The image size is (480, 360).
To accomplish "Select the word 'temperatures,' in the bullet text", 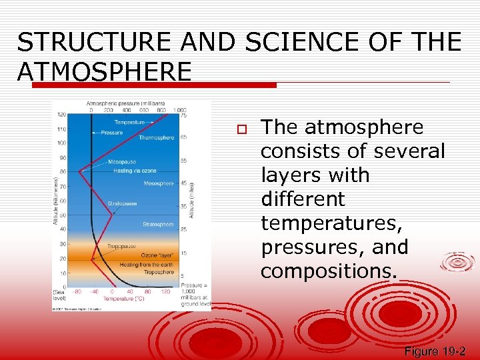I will [x=331, y=223].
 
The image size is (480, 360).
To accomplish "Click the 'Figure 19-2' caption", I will [x=435, y=351].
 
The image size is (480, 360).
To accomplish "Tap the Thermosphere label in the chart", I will [x=157, y=138].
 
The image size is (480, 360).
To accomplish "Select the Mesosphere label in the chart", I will [x=159, y=183].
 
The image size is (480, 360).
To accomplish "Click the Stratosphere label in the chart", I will [x=158, y=225].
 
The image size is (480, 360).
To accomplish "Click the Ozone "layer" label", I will [x=158, y=255].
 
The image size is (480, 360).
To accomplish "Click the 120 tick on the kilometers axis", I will [x=61, y=114].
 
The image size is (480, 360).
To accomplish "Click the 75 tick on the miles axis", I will [x=185, y=115].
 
